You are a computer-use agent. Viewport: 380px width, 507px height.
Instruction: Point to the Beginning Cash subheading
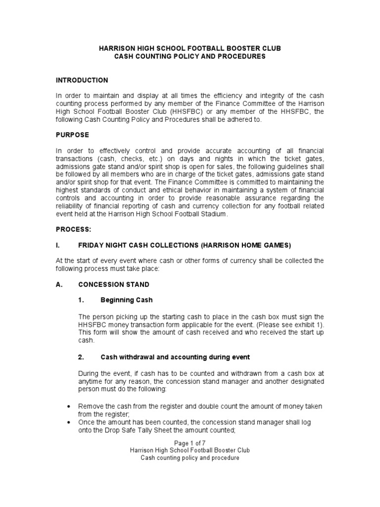127,300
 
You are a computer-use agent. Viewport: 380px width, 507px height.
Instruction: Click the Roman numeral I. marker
57,245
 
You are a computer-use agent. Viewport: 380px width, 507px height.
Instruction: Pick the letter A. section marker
58,285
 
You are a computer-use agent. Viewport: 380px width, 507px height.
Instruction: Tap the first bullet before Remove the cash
68,406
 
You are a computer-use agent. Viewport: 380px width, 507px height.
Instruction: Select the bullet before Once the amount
68,422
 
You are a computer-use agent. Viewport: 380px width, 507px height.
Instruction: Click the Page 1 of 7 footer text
190,443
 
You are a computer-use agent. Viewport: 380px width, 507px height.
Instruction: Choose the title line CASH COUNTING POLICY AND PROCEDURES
190,56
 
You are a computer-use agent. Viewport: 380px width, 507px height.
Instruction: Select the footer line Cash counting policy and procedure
190,458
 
